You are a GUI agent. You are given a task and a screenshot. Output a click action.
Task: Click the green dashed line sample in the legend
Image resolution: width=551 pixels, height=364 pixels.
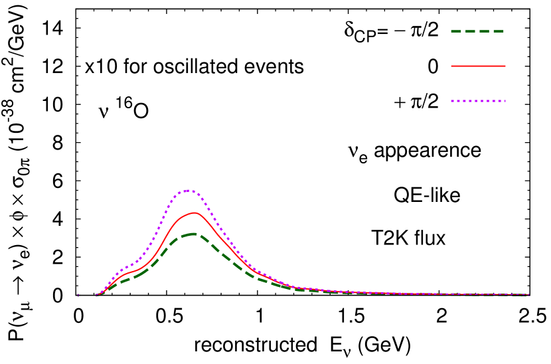[477, 31]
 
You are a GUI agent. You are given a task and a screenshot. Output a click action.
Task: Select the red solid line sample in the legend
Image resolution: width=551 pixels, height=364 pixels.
[478, 66]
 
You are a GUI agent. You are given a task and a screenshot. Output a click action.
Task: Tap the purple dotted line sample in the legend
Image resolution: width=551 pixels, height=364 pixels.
[478, 101]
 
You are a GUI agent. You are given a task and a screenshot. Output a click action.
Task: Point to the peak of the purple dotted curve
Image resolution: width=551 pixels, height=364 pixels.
[189, 191]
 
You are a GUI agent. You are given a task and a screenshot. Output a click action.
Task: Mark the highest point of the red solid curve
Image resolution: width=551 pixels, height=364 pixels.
[194, 213]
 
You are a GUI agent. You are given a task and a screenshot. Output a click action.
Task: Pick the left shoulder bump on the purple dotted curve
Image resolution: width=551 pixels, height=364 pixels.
[126, 268]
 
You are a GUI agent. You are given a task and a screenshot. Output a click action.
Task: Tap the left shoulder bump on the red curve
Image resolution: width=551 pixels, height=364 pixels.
[129, 273]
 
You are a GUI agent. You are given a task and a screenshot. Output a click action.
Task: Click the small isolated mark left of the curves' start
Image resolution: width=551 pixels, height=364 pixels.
[78, 295]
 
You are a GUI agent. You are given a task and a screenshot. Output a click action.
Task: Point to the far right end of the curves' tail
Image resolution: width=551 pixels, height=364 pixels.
[528, 294]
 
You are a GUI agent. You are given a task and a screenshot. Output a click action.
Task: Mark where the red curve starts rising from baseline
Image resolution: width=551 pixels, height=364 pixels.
[98, 294]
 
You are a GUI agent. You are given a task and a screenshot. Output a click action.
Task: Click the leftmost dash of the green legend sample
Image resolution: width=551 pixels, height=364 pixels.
[456, 31]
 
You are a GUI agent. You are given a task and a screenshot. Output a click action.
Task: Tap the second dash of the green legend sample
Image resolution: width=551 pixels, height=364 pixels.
[471, 31]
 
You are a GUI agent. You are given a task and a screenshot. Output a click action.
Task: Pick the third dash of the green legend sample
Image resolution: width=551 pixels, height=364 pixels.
[485, 31]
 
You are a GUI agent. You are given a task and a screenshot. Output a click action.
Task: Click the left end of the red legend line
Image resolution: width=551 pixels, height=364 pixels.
[452, 66]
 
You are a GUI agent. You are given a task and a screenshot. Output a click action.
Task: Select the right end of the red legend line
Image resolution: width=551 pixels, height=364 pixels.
[505, 66]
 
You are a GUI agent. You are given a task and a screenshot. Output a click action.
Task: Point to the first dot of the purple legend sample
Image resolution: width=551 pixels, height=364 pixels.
[453, 101]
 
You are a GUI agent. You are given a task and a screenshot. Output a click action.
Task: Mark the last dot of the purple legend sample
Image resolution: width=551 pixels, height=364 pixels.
[504, 101]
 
